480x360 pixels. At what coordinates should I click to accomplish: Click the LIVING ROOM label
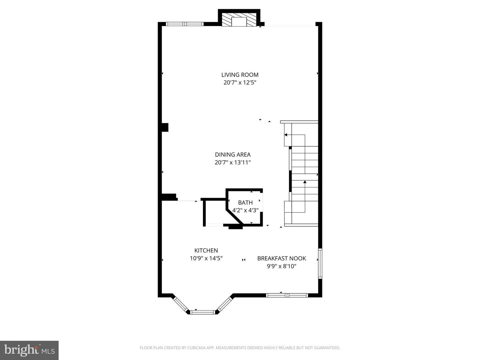pos(240,75)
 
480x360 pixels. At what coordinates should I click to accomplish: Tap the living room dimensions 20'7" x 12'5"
pos(240,83)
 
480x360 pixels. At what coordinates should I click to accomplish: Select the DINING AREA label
pos(233,155)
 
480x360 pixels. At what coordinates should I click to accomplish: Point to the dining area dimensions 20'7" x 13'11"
pos(233,162)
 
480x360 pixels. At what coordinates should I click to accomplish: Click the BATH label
pos(245,203)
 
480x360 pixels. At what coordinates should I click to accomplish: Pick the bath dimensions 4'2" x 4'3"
pos(245,210)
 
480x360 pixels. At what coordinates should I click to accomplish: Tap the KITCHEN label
pos(206,250)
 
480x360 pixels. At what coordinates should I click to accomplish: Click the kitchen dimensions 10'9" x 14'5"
pos(206,258)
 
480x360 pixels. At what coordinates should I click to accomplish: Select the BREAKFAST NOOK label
pos(282,258)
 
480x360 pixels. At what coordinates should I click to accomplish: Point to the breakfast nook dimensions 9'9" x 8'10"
pos(282,266)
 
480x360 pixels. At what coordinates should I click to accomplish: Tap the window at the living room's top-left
pos(185,24)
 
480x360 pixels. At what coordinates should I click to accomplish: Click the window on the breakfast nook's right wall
pos(320,263)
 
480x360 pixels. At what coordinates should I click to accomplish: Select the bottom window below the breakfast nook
pos(287,296)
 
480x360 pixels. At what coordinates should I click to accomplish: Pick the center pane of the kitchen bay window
pos(203,312)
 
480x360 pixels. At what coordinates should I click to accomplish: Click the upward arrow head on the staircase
pos(305,182)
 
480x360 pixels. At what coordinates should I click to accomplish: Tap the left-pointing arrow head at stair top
pos(286,135)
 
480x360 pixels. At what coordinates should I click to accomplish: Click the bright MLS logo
pos(29,350)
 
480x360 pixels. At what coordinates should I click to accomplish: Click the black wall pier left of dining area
pos(165,127)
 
